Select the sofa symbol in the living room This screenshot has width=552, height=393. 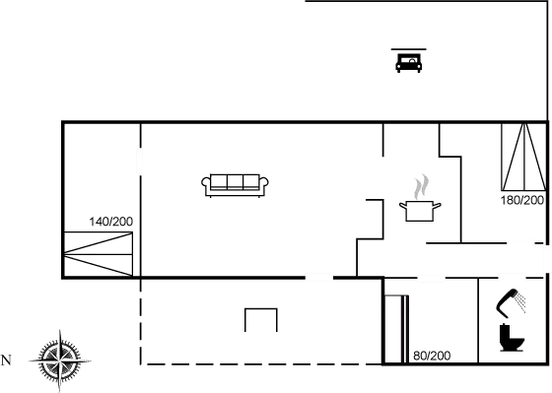coord(237,183)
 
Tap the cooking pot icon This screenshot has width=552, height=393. coord(420,209)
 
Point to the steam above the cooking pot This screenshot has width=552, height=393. coord(422,184)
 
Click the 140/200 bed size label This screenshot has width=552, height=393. coord(110,222)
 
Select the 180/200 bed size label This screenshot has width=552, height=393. coord(521,200)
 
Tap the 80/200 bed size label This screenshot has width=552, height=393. coord(431,354)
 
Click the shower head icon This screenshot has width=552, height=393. coord(511,303)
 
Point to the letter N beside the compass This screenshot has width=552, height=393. coord(6,359)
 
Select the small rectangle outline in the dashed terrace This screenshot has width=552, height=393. coord(261,321)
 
